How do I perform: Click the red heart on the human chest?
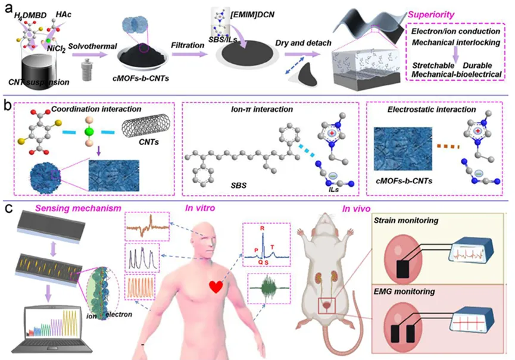click(217, 287)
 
